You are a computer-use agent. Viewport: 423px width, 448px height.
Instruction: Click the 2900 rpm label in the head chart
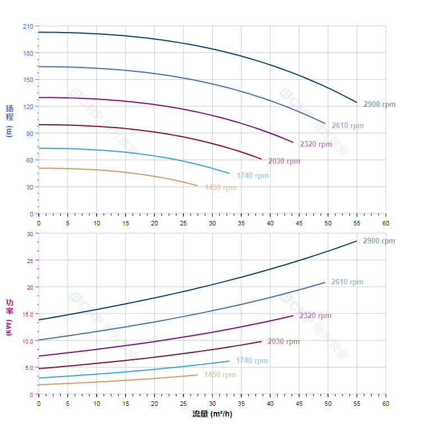pos(379,105)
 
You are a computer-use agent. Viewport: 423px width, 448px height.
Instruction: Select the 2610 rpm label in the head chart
pos(348,126)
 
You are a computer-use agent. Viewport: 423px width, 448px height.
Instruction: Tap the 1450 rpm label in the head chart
pos(220,188)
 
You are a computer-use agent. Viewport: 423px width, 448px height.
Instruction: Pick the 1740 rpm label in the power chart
pos(252,361)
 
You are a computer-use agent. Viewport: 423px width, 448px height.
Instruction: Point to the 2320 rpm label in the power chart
pos(315,316)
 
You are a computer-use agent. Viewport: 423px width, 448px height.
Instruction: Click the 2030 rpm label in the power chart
pos(283,342)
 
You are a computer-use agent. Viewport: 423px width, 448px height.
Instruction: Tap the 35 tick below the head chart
pos(241,223)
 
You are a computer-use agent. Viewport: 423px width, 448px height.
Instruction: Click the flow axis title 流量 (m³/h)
pos(212,414)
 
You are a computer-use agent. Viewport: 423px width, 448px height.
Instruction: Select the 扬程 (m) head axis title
pos(9,120)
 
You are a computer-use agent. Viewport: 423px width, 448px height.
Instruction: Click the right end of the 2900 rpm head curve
pos(357,102)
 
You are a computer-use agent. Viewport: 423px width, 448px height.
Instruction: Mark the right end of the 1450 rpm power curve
pos(197,375)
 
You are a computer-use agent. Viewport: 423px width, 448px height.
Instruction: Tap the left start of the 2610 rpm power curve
pos(39,340)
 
